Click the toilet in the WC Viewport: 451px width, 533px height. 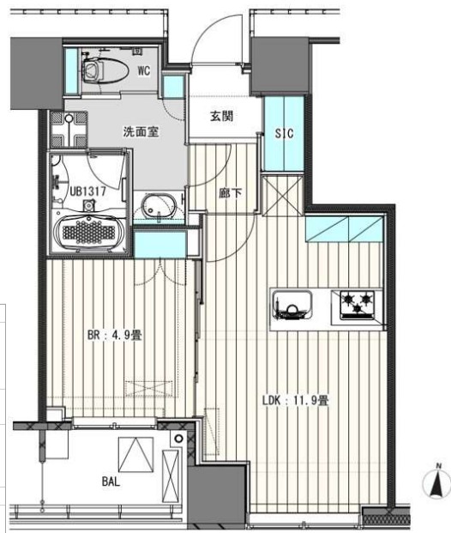105,70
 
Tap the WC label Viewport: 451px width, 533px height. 144,71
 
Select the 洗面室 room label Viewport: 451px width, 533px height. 141,131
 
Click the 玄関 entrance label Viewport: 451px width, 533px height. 221,116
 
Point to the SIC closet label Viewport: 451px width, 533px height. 284,133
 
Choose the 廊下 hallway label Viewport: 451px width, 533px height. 231,193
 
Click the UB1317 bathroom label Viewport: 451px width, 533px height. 88,191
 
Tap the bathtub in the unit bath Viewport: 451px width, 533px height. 88,232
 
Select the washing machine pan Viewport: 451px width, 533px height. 69,129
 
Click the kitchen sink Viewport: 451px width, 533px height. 292,306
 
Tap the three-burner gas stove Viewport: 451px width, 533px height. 358,305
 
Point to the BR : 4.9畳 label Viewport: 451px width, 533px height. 114,336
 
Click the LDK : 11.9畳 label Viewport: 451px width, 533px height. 295,401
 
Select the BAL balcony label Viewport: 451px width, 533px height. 111,482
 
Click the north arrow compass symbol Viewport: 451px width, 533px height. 436,482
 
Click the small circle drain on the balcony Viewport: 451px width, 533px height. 178,439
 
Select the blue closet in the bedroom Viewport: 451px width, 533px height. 160,244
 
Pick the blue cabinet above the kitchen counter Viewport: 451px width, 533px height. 345,229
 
